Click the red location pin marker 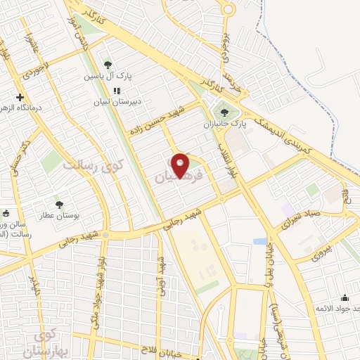(x=181, y=165)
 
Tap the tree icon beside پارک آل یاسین (x=107, y=64)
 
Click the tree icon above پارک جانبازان (x=224, y=110)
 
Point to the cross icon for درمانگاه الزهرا (x=20, y=97)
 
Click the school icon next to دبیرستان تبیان (x=117, y=91)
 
